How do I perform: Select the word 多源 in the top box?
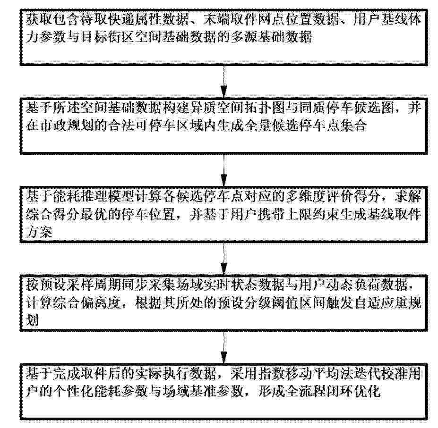(x=244, y=37)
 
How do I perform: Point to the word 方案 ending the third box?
(x=39, y=232)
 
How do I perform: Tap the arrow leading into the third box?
(x=224, y=170)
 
